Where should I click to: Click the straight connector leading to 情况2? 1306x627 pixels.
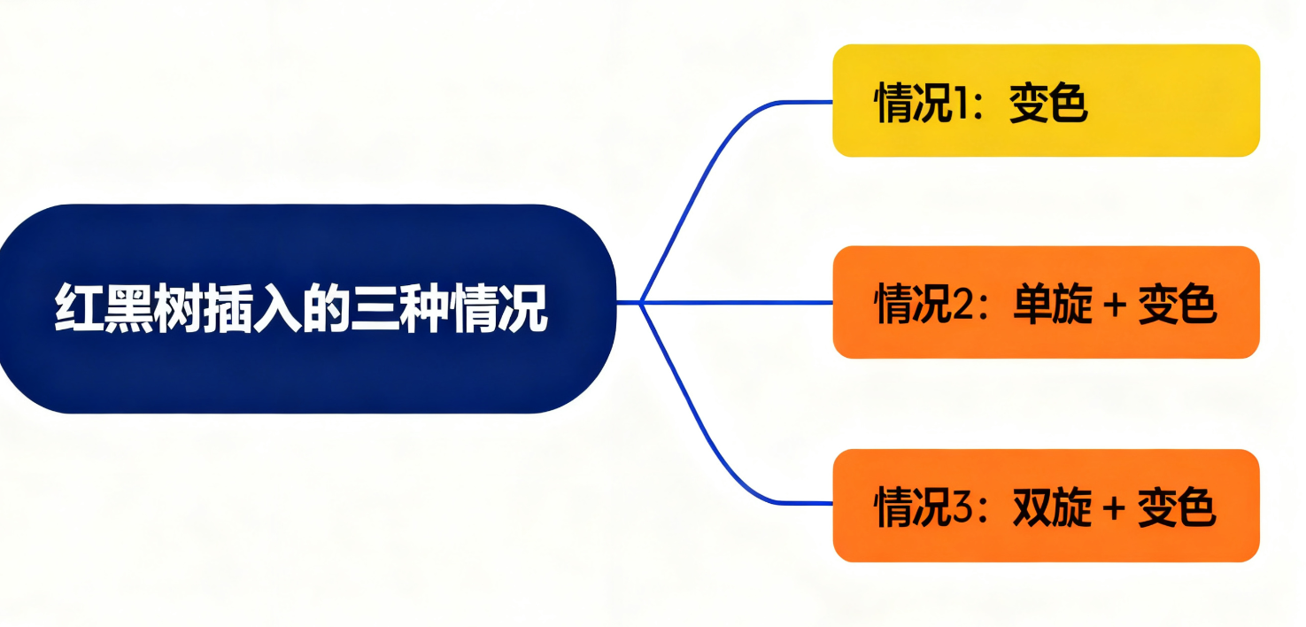pyautogui.click(x=735, y=303)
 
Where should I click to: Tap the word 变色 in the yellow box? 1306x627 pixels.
pyautogui.click(x=1047, y=104)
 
